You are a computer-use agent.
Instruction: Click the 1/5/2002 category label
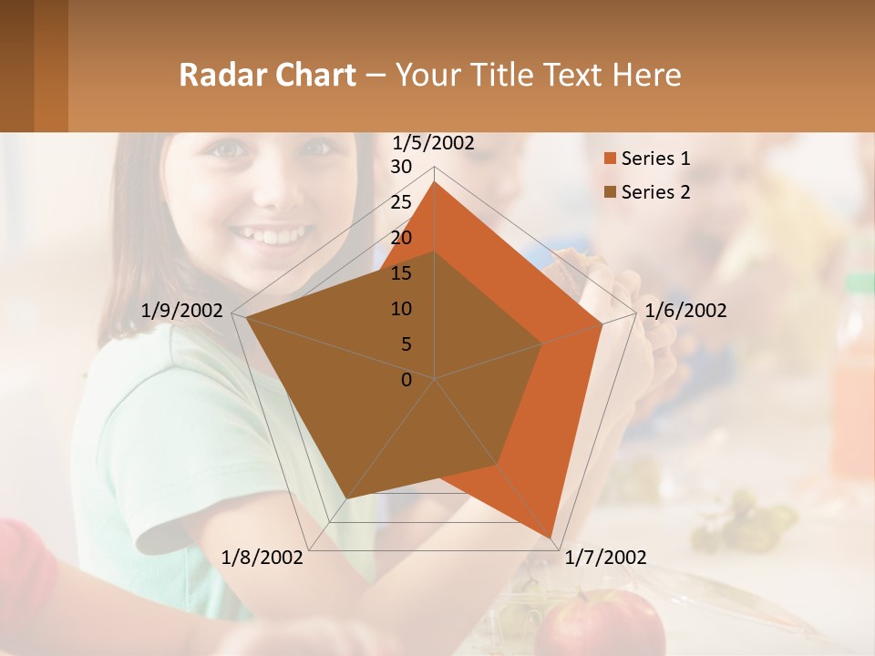(x=434, y=142)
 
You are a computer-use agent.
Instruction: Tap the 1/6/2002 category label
(x=685, y=311)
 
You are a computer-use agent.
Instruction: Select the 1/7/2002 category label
(x=606, y=558)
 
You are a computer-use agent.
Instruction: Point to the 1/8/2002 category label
(x=262, y=558)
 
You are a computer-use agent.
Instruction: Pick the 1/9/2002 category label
(x=182, y=311)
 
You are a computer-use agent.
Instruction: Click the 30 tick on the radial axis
(x=401, y=167)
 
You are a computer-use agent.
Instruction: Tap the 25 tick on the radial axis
(x=401, y=202)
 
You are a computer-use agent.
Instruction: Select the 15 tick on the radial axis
(x=401, y=273)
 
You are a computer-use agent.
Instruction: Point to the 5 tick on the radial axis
(x=406, y=344)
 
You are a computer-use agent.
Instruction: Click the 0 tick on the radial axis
(x=407, y=380)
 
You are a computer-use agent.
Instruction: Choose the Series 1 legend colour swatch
(x=610, y=159)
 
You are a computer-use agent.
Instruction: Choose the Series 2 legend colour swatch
(x=610, y=192)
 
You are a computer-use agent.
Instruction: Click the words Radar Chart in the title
(x=267, y=75)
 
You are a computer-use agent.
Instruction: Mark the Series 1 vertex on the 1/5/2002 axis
(x=435, y=182)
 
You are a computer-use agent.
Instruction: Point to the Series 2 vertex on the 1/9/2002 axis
(x=246, y=317)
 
